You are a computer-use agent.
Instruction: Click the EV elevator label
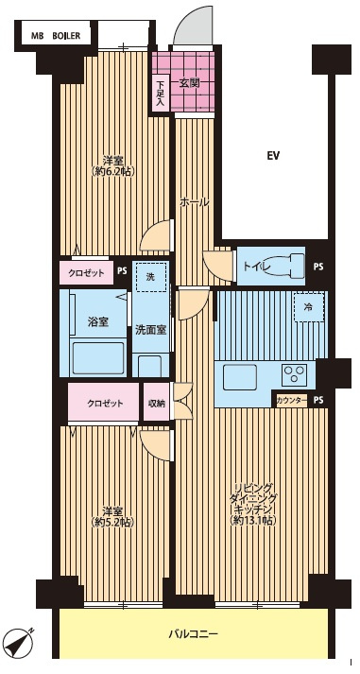(x=273, y=156)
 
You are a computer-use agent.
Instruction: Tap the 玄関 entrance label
(x=189, y=84)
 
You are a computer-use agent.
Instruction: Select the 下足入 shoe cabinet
(x=161, y=94)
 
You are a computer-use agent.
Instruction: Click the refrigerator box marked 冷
(x=309, y=307)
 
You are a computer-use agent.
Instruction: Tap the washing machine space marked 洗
(x=150, y=277)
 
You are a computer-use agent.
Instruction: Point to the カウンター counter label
(x=292, y=401)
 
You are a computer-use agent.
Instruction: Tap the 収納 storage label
(x=156, y=404)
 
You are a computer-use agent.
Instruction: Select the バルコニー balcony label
(x=194, y=633)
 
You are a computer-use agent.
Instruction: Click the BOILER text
(x=66, y=37)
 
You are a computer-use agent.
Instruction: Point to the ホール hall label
(x=195, y=201)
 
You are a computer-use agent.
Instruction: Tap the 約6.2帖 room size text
(x=113, y=171)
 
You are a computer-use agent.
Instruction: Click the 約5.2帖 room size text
(x=113, y=522)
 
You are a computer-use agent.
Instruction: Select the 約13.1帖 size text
(x=253, y=521)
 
